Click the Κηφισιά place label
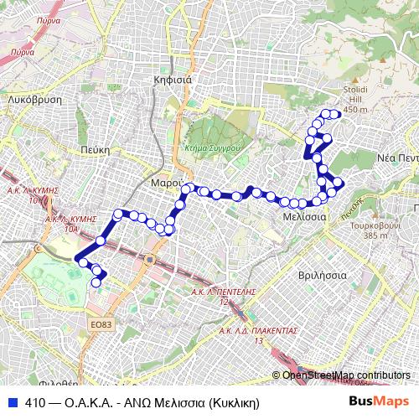(173, 80)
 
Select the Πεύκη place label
(96, 147)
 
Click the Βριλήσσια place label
(323, 274)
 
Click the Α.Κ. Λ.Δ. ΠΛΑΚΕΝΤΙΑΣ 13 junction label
(259, 335)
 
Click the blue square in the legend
(11, 401)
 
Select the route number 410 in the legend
(35, 401)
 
